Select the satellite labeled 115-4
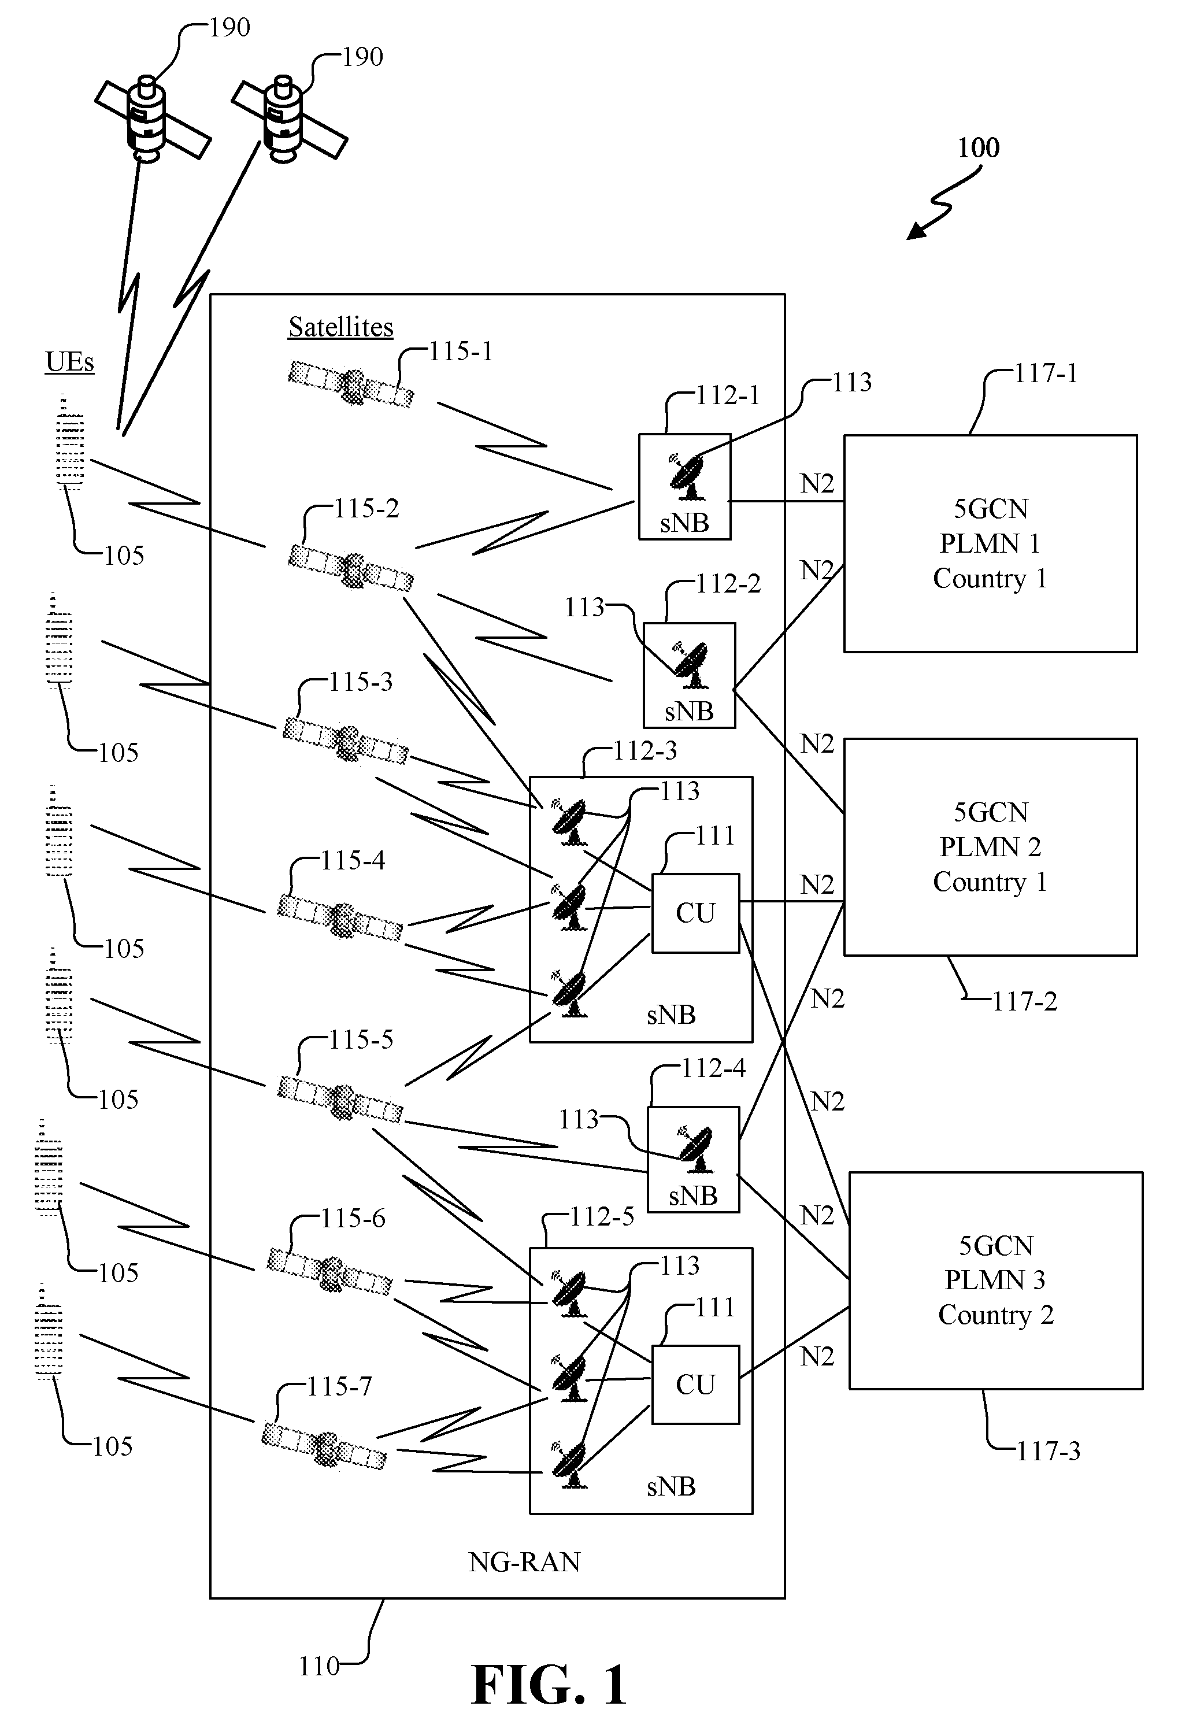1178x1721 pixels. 340,918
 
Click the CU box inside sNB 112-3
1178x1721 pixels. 695,913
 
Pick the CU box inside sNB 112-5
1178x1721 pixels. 695,1385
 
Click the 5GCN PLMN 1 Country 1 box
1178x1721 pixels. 990,543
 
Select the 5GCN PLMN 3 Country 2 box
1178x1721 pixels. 996,1280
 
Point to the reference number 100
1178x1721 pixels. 978,148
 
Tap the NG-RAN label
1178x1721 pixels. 524,1562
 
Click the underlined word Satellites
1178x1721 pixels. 340,327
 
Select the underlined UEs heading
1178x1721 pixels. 69,362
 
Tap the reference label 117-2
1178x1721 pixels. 1025,1002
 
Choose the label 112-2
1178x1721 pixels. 728,583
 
